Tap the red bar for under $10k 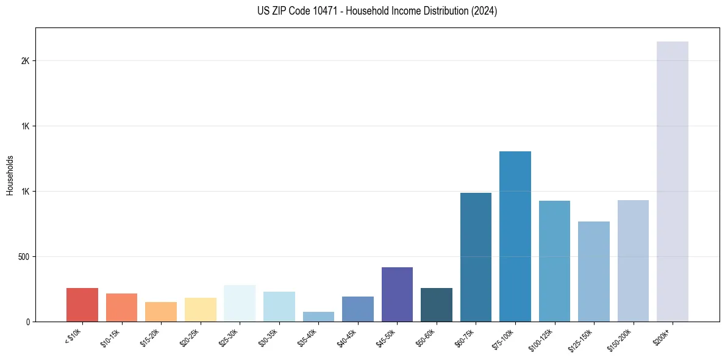click(x=82, y=304)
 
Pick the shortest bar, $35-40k click(x=318, y=317)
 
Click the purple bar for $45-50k click(x=397, y=294)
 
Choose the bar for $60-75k click(x=476, y=257)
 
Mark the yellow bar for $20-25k click(x=200, y=309)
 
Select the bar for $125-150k click(x=593, y=272)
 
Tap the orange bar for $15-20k click(x=161, y=312)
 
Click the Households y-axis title click(x=10, y=175)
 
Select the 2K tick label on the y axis click(x=25, y=61)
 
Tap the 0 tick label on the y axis click(x=27, y=322)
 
